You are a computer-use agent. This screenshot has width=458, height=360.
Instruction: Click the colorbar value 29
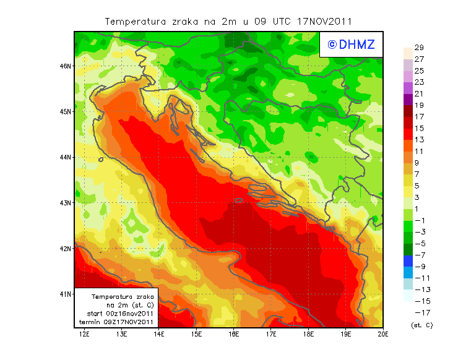click(x=418, y=48)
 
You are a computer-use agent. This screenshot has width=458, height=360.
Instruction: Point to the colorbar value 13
click(x=418, y=140)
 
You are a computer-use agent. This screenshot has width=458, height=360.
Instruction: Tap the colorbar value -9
click(x=418, y=267)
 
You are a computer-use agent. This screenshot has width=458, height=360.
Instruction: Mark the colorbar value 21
click(x=418, y=94)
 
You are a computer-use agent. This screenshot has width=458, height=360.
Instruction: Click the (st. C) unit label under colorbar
click(x=421, y=325)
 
